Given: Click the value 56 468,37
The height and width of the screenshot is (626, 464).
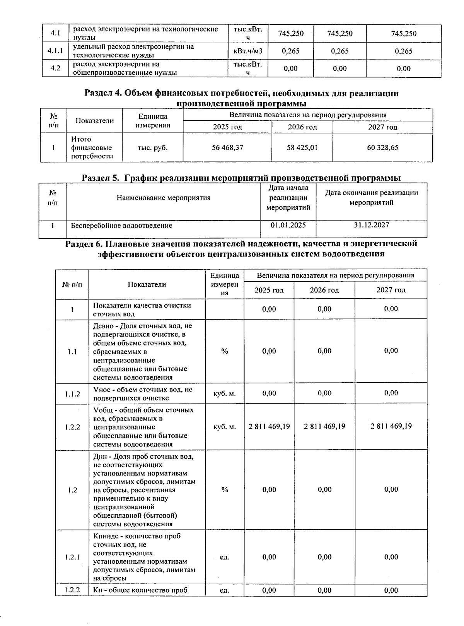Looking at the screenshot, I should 227,147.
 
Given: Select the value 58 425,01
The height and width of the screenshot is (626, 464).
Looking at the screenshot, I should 302,147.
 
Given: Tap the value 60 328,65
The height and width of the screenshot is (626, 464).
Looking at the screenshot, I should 382,147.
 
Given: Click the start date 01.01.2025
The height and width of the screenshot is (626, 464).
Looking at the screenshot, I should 288,225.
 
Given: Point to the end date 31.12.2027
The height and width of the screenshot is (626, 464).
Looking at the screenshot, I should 371,225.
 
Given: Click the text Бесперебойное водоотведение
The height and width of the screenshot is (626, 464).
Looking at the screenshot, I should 121,225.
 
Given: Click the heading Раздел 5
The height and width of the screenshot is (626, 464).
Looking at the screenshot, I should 241,178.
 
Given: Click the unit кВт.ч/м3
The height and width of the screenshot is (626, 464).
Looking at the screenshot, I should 248,51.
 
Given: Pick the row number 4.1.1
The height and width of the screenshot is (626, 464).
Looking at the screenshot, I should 55,51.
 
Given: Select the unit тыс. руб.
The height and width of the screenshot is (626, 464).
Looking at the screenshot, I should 152,147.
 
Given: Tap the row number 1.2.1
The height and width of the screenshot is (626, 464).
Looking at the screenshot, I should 72,557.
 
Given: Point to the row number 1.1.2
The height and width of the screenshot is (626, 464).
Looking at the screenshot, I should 72,394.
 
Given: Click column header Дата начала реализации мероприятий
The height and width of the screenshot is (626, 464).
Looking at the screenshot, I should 288,198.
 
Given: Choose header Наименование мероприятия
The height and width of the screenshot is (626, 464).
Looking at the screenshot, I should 164,198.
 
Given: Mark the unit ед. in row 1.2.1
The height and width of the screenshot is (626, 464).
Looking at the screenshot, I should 224,557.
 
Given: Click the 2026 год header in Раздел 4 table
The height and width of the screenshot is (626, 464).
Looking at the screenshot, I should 302,127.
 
